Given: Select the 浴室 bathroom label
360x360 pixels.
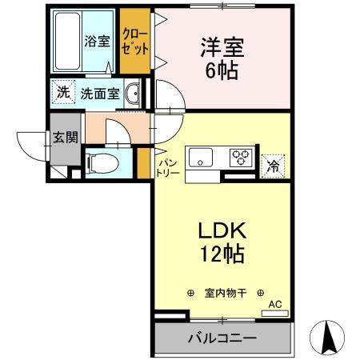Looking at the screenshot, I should [x=97, y=42].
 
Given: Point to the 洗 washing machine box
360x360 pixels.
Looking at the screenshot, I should [x=62, y=92].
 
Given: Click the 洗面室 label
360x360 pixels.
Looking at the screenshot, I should [x=100, y=93].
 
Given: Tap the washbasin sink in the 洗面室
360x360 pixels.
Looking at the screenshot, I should [x=134, y=93].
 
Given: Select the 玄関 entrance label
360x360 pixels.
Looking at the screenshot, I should [x=66, y=137].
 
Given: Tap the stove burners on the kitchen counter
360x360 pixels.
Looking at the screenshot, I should [x=241, y=158].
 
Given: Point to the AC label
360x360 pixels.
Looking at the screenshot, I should [x=275, y=305].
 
